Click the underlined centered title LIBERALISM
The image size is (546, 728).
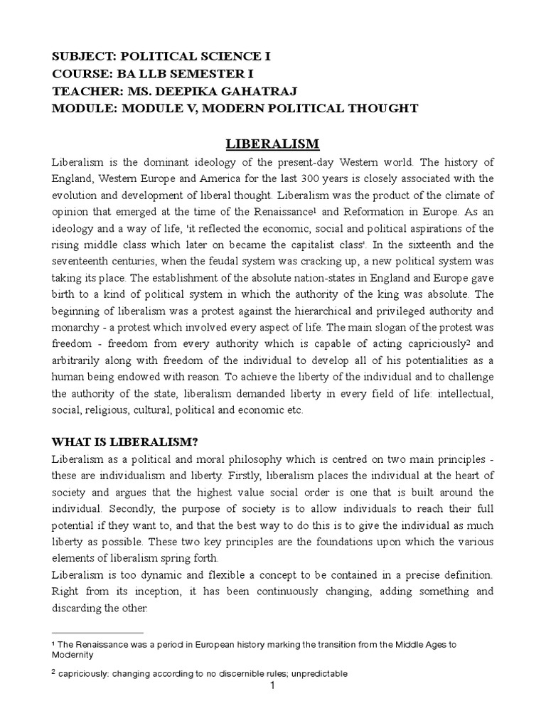point(273,144)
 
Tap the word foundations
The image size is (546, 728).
point(342,544)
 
